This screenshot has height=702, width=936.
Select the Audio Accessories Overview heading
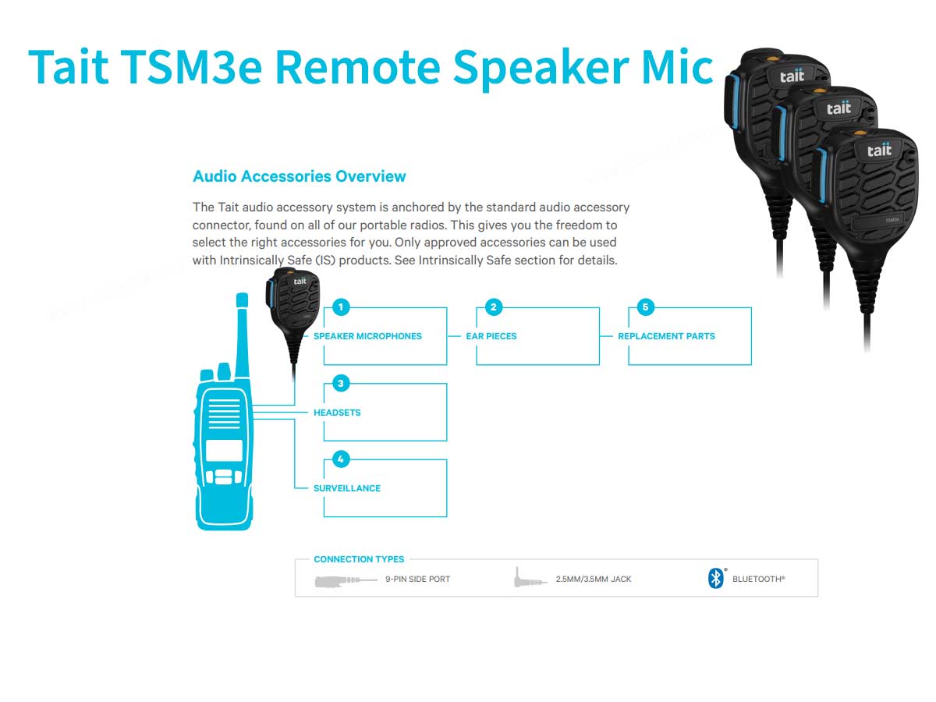pyautogui.click(x=299, y=176)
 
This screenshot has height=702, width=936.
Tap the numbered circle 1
pyautogui.click(x=341, y=307)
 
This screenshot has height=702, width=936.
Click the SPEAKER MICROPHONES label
pyautogui.click(x=367, y=336)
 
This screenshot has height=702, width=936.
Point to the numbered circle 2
pyautogui.click(x=493, y=307)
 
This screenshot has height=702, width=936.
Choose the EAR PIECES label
pyautogui.click(x=491, y=336)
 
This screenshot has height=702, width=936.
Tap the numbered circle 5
pyautogui.click(x=645, y=307)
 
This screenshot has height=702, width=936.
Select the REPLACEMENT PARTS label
pyautogui.click(x=666, y=336)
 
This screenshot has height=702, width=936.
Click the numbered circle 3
pyautogui.click(x=341, y=383)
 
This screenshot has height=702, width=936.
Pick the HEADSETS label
pyautogui.click(x=337, y=413)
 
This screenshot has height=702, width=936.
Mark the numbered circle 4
pyautogui.click(x=341, y=459)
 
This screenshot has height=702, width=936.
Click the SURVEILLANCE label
pyautogui.click(x=347, y=488)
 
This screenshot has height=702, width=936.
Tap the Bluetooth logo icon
pyautogui.click(x=715, y=579)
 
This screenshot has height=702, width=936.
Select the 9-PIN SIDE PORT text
pyautogui.click(x=417, y=580)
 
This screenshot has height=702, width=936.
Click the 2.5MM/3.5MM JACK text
pyautogui.click(x=594, y=580)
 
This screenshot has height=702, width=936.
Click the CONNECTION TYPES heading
pyautogui.click(x=359, y=559)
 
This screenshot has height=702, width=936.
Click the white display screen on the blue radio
pyautogui.click(x=224, y=450)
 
